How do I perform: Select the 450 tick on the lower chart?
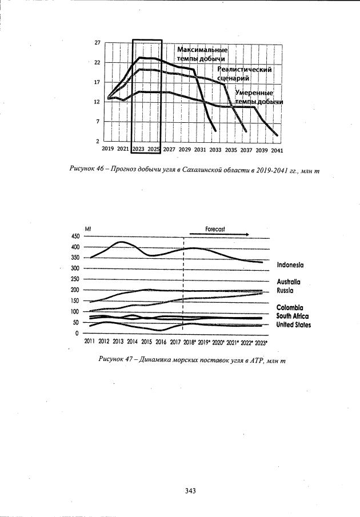75,236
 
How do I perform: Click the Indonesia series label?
298,265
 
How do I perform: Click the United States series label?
294,324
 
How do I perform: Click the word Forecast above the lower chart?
215,229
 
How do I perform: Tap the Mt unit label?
88,229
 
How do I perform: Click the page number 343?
191,489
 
